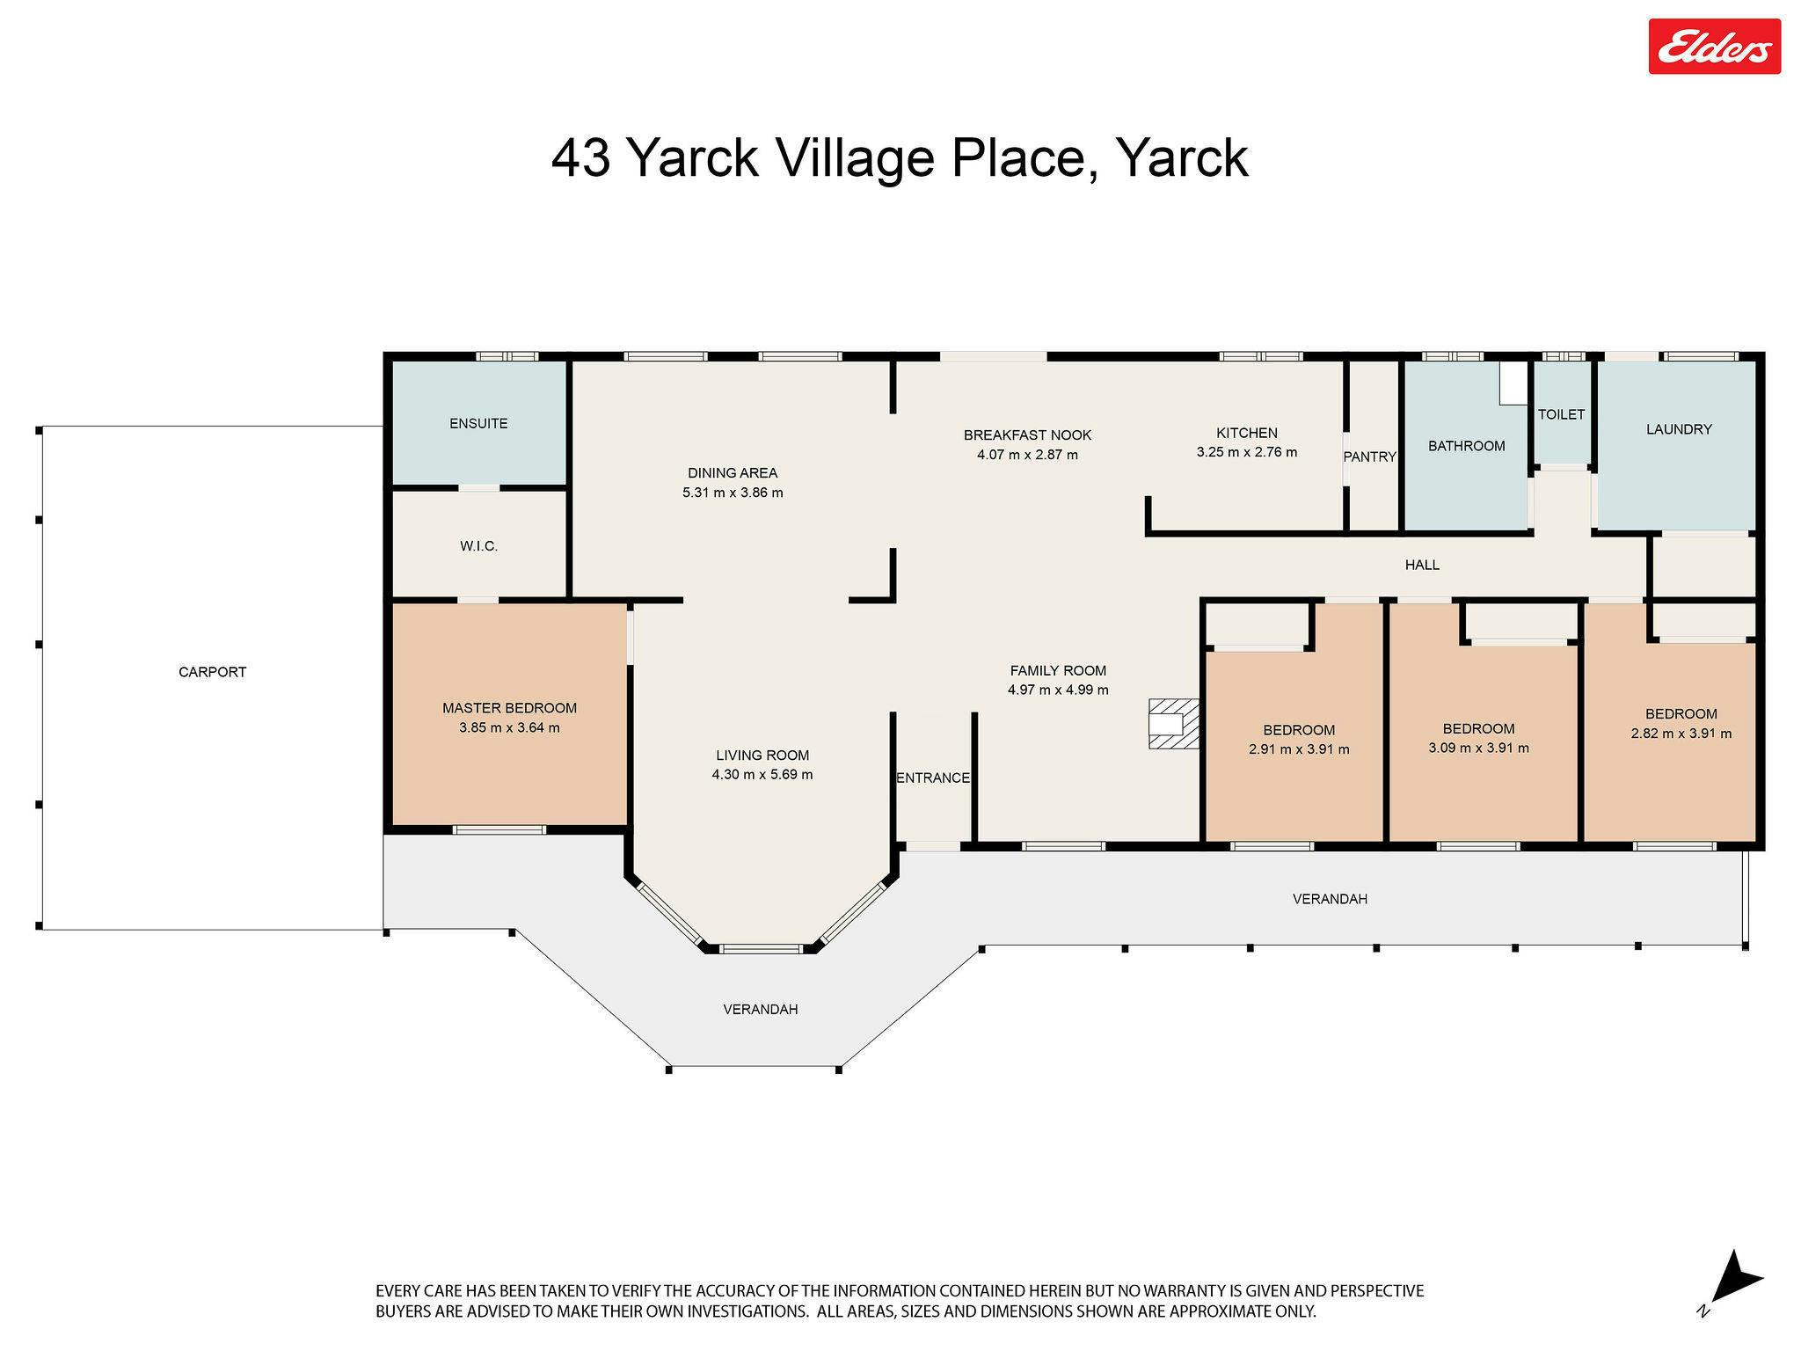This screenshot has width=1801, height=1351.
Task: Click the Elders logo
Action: [1714, 47]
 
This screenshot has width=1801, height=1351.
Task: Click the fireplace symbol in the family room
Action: [1174, 723]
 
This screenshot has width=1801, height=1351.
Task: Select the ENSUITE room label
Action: [478, 424]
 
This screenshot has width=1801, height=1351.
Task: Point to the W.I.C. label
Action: [478, 546]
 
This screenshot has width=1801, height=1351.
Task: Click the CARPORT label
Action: [212, 672]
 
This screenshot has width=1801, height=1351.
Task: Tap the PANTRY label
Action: [1369, 456]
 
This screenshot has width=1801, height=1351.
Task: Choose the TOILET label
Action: [1561, 414]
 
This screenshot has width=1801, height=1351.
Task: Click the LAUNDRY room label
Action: [1679, 429]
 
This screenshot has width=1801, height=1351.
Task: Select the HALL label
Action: [1422, 565]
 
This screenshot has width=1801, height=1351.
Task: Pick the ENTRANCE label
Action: [933, 778]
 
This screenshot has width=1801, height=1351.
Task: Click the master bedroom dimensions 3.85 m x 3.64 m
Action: [509, 727]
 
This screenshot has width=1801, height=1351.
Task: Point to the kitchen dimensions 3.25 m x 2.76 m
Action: [1246, 452]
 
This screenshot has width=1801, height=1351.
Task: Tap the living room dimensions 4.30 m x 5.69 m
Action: [762, 775]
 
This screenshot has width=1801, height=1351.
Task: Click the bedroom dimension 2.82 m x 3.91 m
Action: [1681, 734]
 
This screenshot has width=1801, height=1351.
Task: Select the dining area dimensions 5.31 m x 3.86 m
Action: [733, 493]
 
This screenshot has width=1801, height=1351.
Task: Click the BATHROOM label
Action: [1466, 446]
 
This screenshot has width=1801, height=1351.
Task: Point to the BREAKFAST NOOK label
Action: [1027, 435]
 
